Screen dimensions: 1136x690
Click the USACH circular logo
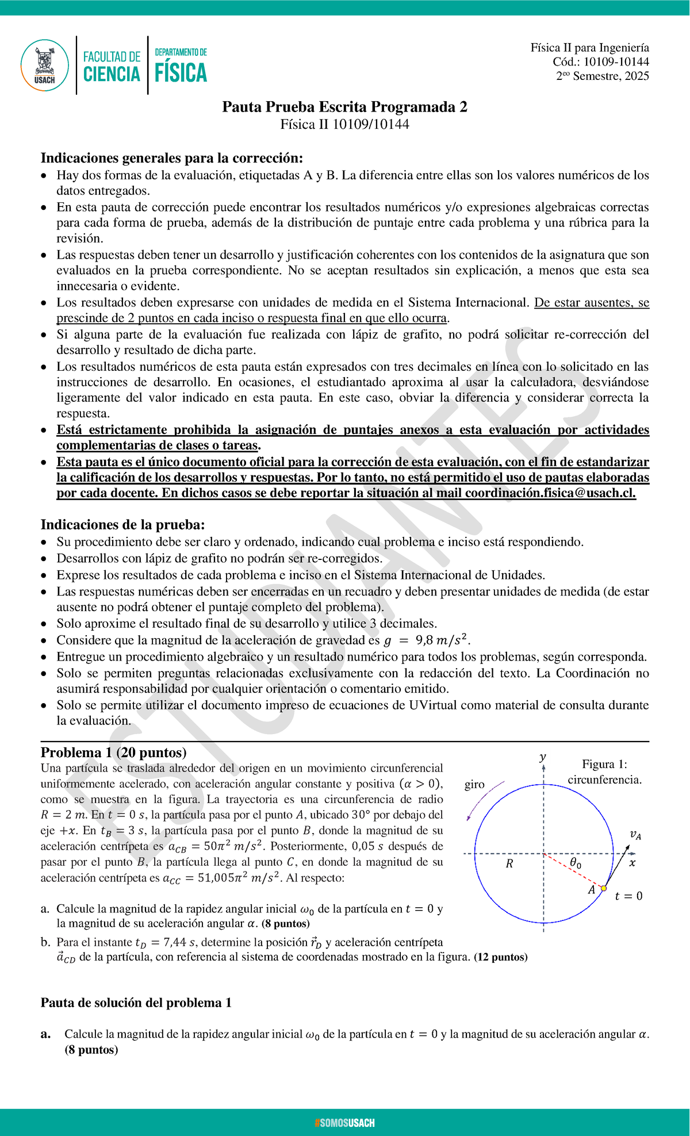[x=45, y=65]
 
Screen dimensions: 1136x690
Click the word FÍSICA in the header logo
[x=181, y=73]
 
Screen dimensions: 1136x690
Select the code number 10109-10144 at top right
[x=616, y=62]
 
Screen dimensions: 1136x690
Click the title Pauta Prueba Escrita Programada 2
[x=344, y=107]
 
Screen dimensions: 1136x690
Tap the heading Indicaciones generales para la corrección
[x=171, y=158]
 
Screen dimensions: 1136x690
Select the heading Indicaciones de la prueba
[x=122, y=524]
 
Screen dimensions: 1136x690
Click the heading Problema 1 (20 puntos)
[x=113, y=753]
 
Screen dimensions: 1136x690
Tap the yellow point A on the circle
[x=603, y=888]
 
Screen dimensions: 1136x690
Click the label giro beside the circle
[x=474, y=784]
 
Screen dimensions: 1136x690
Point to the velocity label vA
[x=635, y=835]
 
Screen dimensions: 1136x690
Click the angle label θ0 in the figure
[x=575, y=863]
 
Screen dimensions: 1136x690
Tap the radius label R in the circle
[x=509, y=863]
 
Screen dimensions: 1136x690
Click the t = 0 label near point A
[x=628, y=896]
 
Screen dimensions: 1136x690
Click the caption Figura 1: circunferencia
[x=604, y=772]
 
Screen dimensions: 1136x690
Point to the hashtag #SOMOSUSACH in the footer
[x=344, y=1123]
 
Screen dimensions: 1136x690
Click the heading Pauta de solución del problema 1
[x=136, y=1003]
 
